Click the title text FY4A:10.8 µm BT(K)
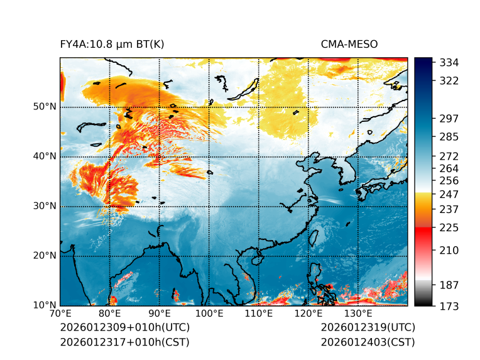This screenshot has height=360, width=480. (112, 44)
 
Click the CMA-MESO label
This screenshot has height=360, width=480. (349, 44)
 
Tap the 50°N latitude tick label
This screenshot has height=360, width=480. (45, 107)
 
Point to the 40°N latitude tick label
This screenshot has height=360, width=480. (45, 156)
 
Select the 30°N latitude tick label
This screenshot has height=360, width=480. (45, 206)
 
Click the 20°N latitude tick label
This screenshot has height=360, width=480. (45, 256)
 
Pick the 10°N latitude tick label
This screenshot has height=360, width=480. (45, 305)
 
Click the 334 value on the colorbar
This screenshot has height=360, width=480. (450, 63)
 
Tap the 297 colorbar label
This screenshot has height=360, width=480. (450, 119)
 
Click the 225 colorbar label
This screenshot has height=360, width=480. (450, 227)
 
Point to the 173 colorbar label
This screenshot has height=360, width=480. (450, 306)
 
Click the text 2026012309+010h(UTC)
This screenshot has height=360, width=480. (124, 327)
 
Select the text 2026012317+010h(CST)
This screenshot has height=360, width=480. (124, 342)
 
